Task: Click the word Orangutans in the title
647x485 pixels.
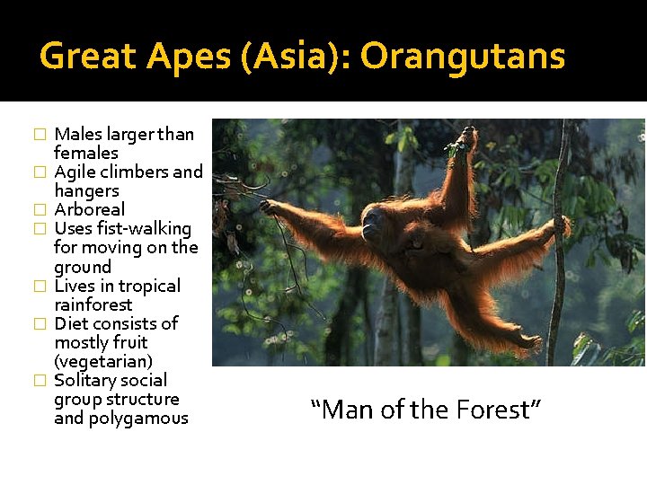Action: (463, 57)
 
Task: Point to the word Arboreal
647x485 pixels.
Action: (90, 210)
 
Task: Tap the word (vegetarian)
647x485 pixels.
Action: (103, 361)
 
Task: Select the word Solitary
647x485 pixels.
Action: (86, 381)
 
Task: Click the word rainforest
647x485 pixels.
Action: (93, 304)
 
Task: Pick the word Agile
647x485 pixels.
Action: (75, 172)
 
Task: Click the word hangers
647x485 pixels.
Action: (86, 191)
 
